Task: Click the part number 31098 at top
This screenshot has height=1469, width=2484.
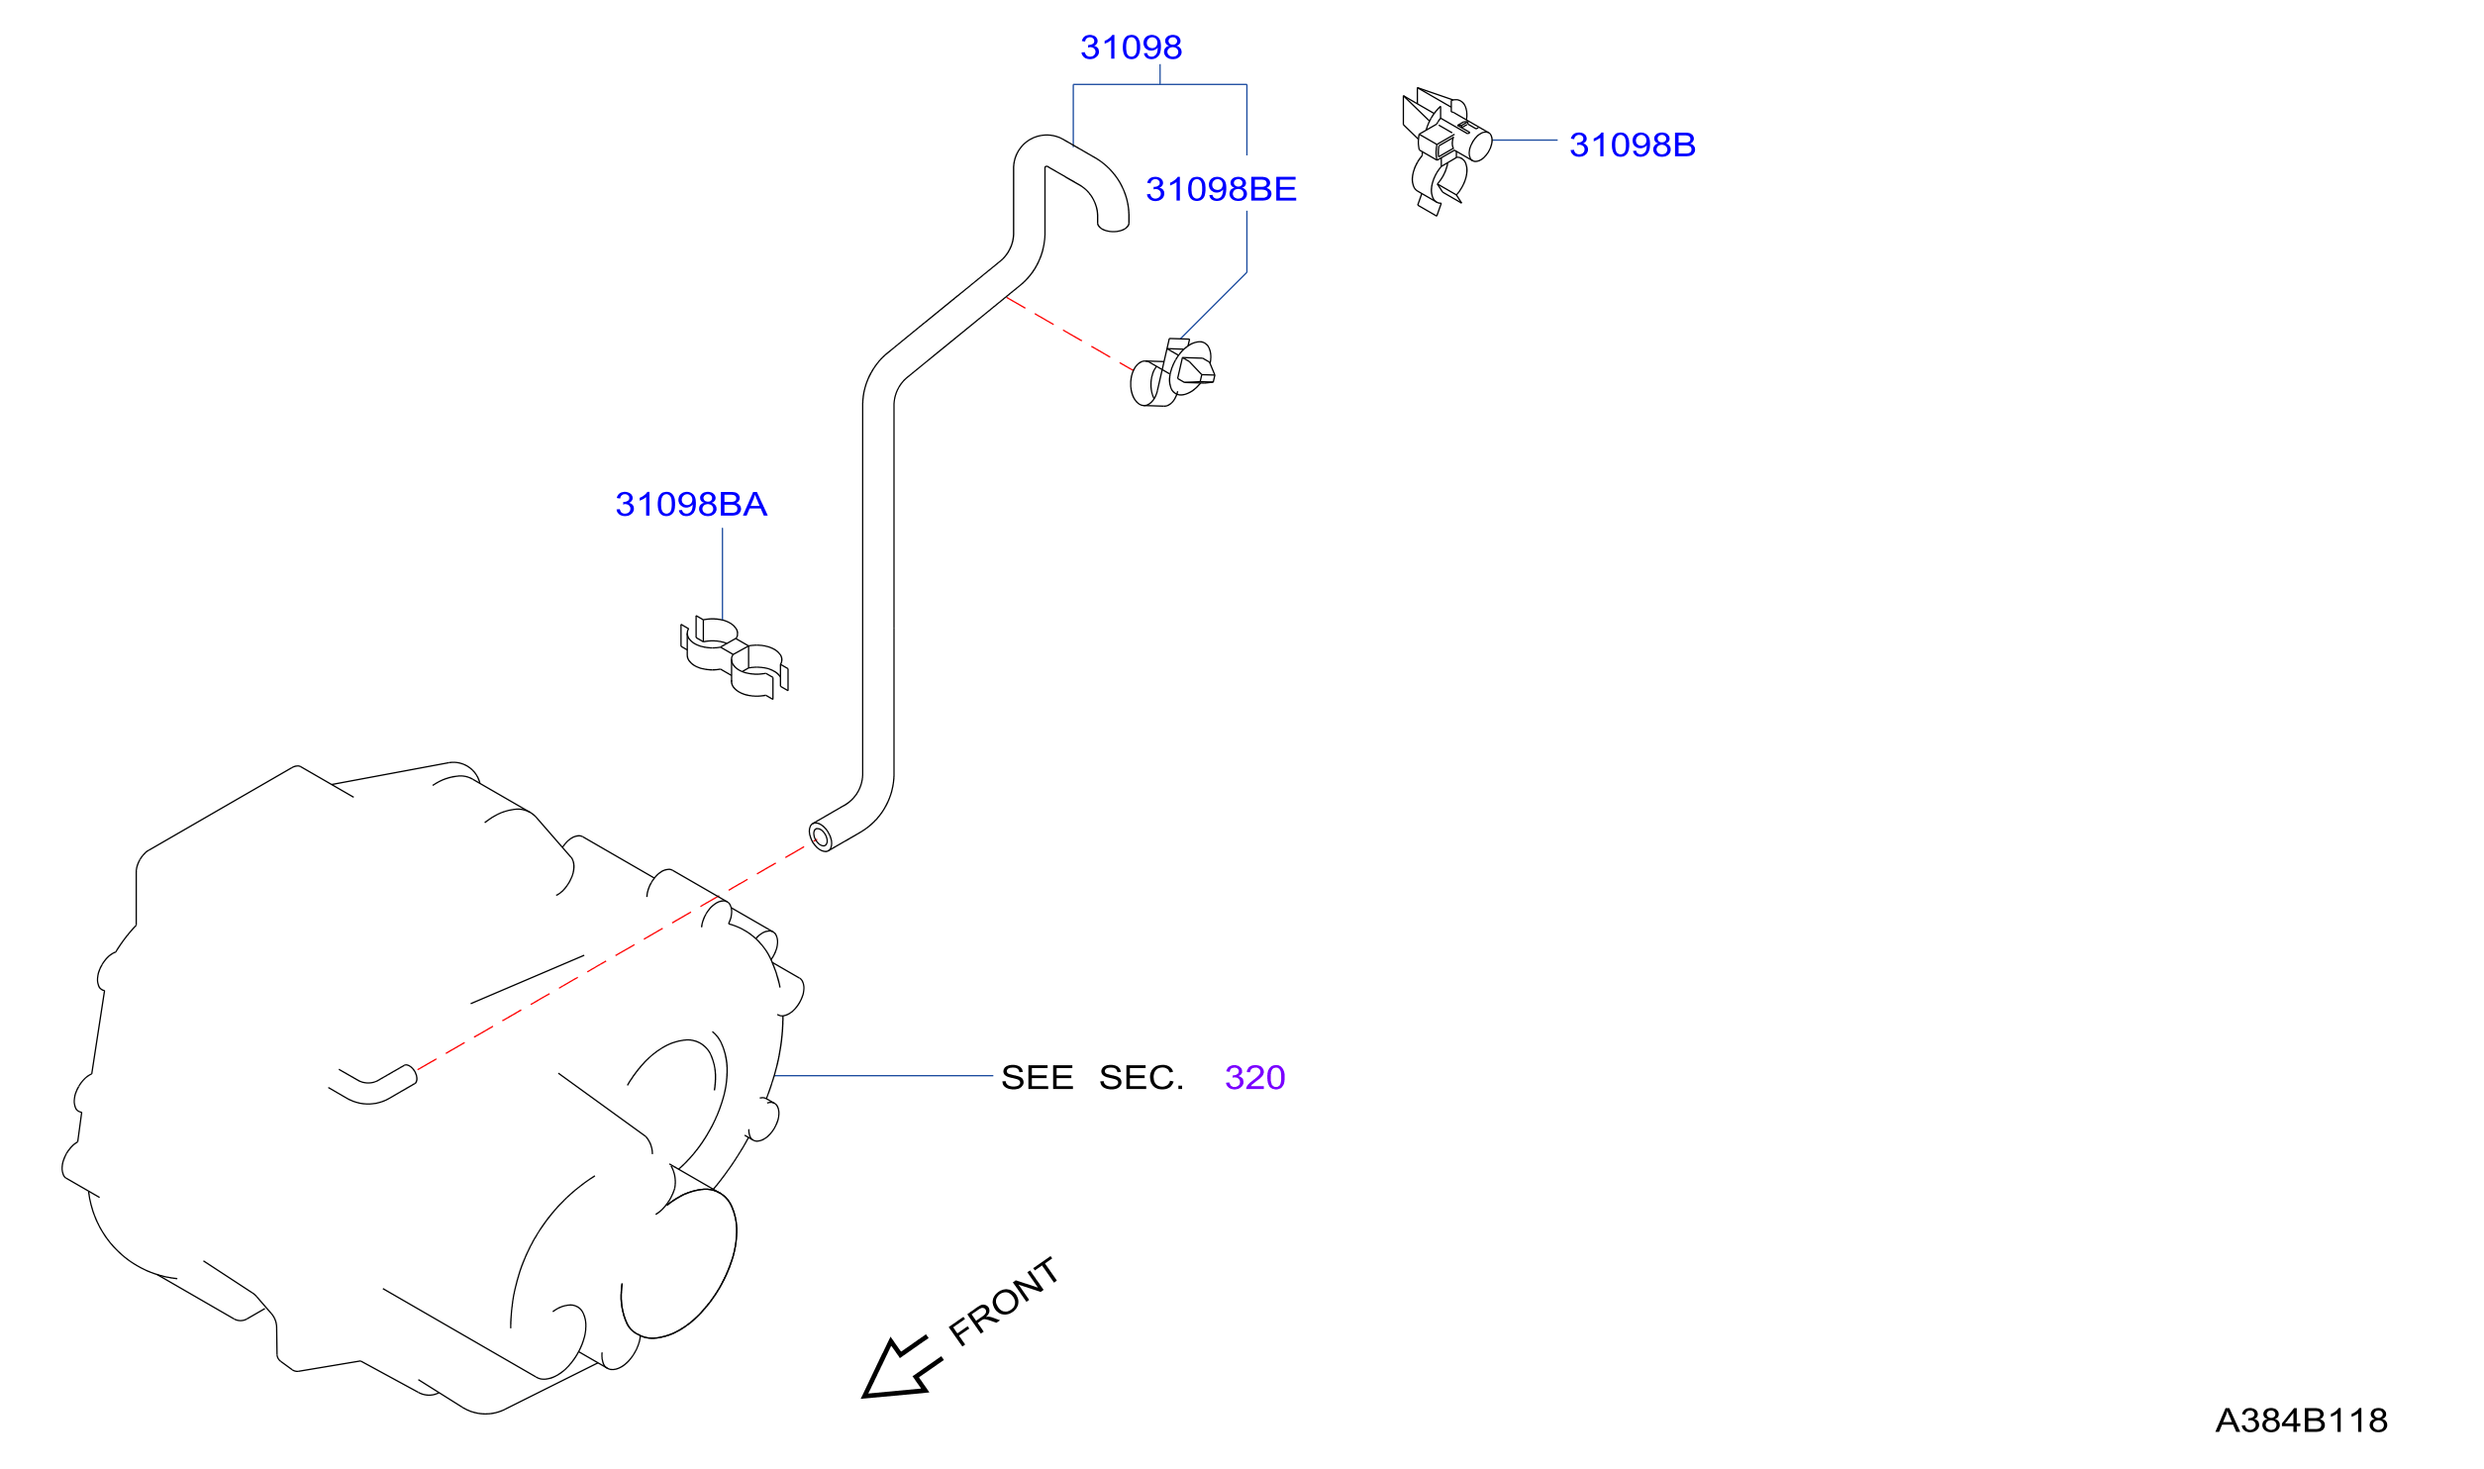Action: (1131, 48)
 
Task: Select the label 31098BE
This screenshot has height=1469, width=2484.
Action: (1221, 189)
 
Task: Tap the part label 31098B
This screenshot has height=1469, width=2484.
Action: (1633, 146)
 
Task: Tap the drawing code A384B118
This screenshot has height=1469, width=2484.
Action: (2302, 1420)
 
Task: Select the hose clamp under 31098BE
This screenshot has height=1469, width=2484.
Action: (1172, 372)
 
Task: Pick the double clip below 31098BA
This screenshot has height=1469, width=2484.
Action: (734, 656)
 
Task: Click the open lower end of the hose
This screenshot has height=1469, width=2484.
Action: (820, 837)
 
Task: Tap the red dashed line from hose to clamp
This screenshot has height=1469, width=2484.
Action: (1069, 334)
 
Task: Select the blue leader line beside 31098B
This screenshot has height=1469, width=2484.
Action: (1525, 141)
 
